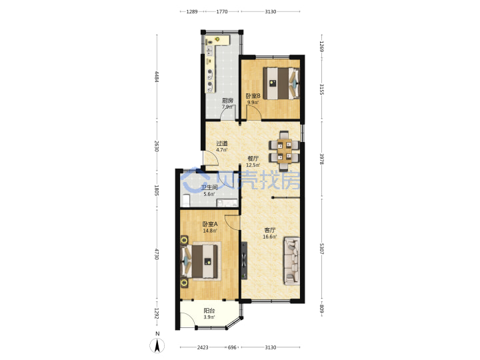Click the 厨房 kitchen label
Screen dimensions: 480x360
pyautogui.click(x=227, y=101)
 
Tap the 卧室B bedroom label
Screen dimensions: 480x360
pyautogui.click(x=253, y=96)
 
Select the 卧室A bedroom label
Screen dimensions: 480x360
pyautogui.click(x=210, y=224)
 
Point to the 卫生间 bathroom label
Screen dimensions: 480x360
pyautogui.click(x=209, y=187)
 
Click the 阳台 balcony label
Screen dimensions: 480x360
pyautogui.click(x=209, y=311)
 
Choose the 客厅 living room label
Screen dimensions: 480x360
pyautogui.click(x=270, y=230)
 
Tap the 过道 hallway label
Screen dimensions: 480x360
pyautogui.click(x=222, y=143)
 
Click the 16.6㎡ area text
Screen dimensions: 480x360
pyautogui.click(x=270, y=237)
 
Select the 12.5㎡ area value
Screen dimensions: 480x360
pyautogui.click(x=253, y=165)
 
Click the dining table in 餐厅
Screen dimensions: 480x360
pyautogui.click(x=284, y=150)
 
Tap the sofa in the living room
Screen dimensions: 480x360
pyautogui.click(x=292, y=261)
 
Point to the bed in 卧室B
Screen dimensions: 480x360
pyautogui.click(x=281, y=83)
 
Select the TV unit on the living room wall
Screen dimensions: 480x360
pyautogui.click(x=244, y=261)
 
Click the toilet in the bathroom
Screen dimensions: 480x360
pyautogui.click(x=186, y=200)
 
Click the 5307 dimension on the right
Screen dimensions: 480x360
pyautogui.click(x=321, y=249)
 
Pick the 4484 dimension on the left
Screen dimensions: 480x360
pyautogui.click(x=157, y=77)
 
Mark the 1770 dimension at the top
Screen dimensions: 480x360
pyautogui.click(x=222, y=11)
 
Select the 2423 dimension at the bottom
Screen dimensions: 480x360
pyautogui.click(x=203, y=347)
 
